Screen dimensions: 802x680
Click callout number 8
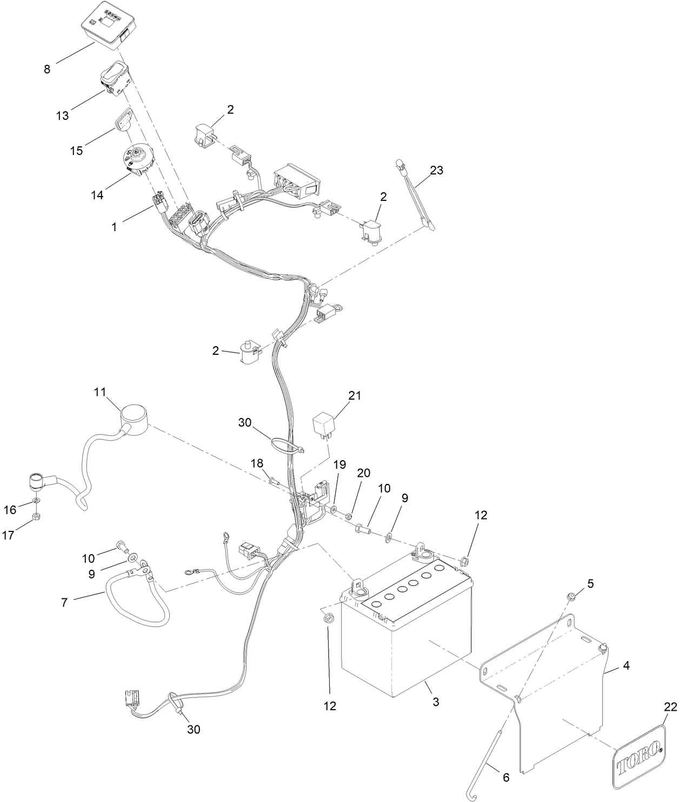click(x=48, y=69)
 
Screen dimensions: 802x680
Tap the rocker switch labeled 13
click(x=115, y=77)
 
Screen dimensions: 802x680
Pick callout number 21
click(x=355, y=395)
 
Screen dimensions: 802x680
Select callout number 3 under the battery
click(x=436, y=702)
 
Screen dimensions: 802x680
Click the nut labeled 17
click(x=35, y=517)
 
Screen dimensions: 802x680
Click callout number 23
click(x=436, y=170)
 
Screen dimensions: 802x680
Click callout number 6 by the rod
click(x=505, y=778)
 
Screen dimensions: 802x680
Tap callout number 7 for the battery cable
click(x=64, y=602)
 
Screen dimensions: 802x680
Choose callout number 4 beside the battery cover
click(x=625, y=666)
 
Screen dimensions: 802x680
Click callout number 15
click(x=77, y=151)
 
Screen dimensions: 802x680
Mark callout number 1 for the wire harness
click(x=114, y=227)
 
